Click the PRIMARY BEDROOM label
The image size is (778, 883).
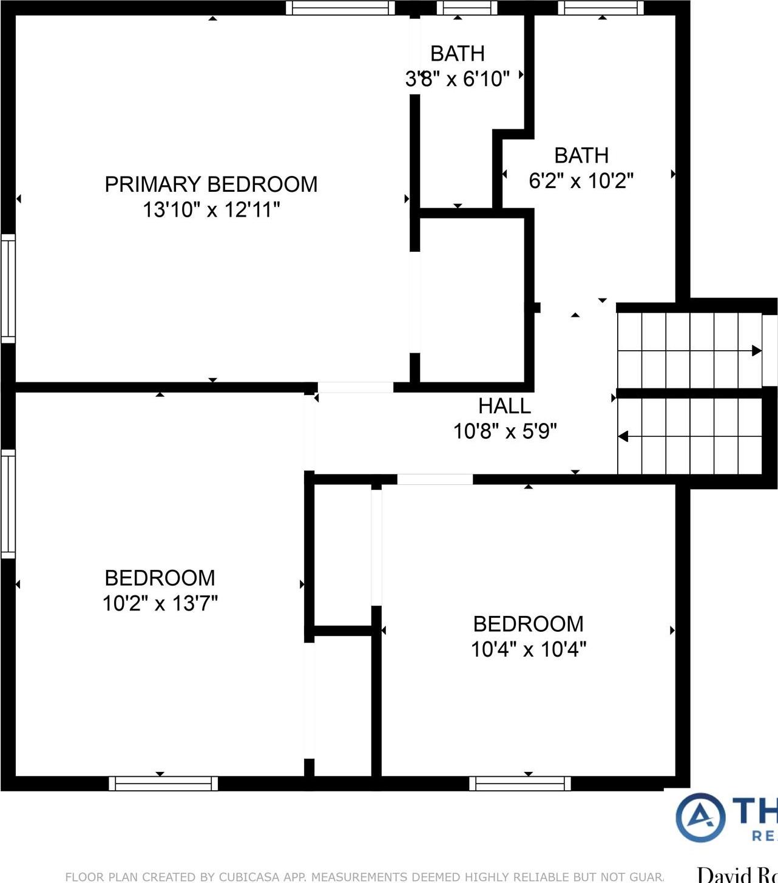tap(211, 184)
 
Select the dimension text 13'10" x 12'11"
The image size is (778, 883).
tap(211, 210)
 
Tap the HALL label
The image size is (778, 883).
tap(504, 406)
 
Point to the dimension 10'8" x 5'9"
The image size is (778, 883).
tap(504, 431)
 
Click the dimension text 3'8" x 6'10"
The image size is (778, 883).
tap(457, 79)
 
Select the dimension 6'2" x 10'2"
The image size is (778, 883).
tap(581, 181)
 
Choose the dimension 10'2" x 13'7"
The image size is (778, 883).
tap(160, 604)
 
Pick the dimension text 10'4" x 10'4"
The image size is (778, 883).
tap(528, 649)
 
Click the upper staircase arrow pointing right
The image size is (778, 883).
tap(756, 351)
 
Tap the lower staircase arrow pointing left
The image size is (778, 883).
tap(623, 436)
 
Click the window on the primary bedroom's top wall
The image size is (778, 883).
tap(340, 8)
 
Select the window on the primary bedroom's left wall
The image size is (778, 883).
tap(8, 288)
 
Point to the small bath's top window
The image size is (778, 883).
tap(467, 8)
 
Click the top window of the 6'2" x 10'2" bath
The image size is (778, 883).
tap(600, 8)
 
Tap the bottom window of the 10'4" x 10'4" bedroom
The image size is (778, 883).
tap(520, 783)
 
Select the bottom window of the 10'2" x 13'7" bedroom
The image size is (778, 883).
tap(163, 783)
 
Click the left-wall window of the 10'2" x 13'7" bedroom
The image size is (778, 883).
tap(8, 504)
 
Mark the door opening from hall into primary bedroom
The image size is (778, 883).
tap(355, 387)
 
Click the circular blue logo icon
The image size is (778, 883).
tap(700, 817)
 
